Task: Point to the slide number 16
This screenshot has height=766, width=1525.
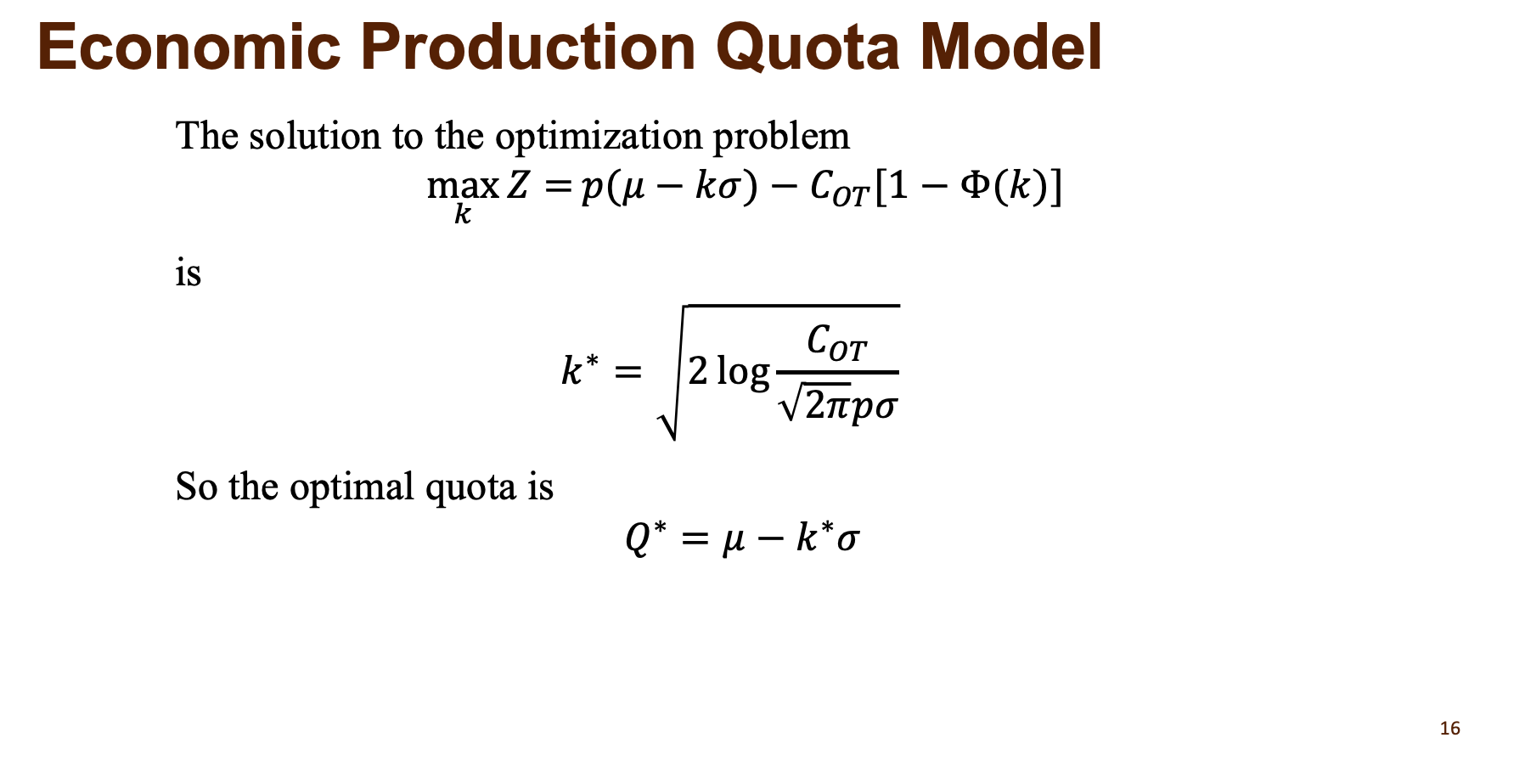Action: point(1450,729)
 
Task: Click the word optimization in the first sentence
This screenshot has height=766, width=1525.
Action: point(599,137)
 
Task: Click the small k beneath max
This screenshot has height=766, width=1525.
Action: point(462,214)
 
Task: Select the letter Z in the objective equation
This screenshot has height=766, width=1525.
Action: point(518,185)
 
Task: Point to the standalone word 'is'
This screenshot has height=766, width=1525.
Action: point(189,273)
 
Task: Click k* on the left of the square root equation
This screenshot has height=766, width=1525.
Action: point(579,371)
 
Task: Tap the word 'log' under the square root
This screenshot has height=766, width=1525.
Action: point(743,371)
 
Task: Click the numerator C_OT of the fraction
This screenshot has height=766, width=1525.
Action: point(836,342)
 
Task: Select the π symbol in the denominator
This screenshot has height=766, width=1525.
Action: point(838,406)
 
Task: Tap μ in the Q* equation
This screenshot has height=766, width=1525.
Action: point(733,539)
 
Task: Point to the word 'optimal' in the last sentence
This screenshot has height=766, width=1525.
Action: point(352,487)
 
